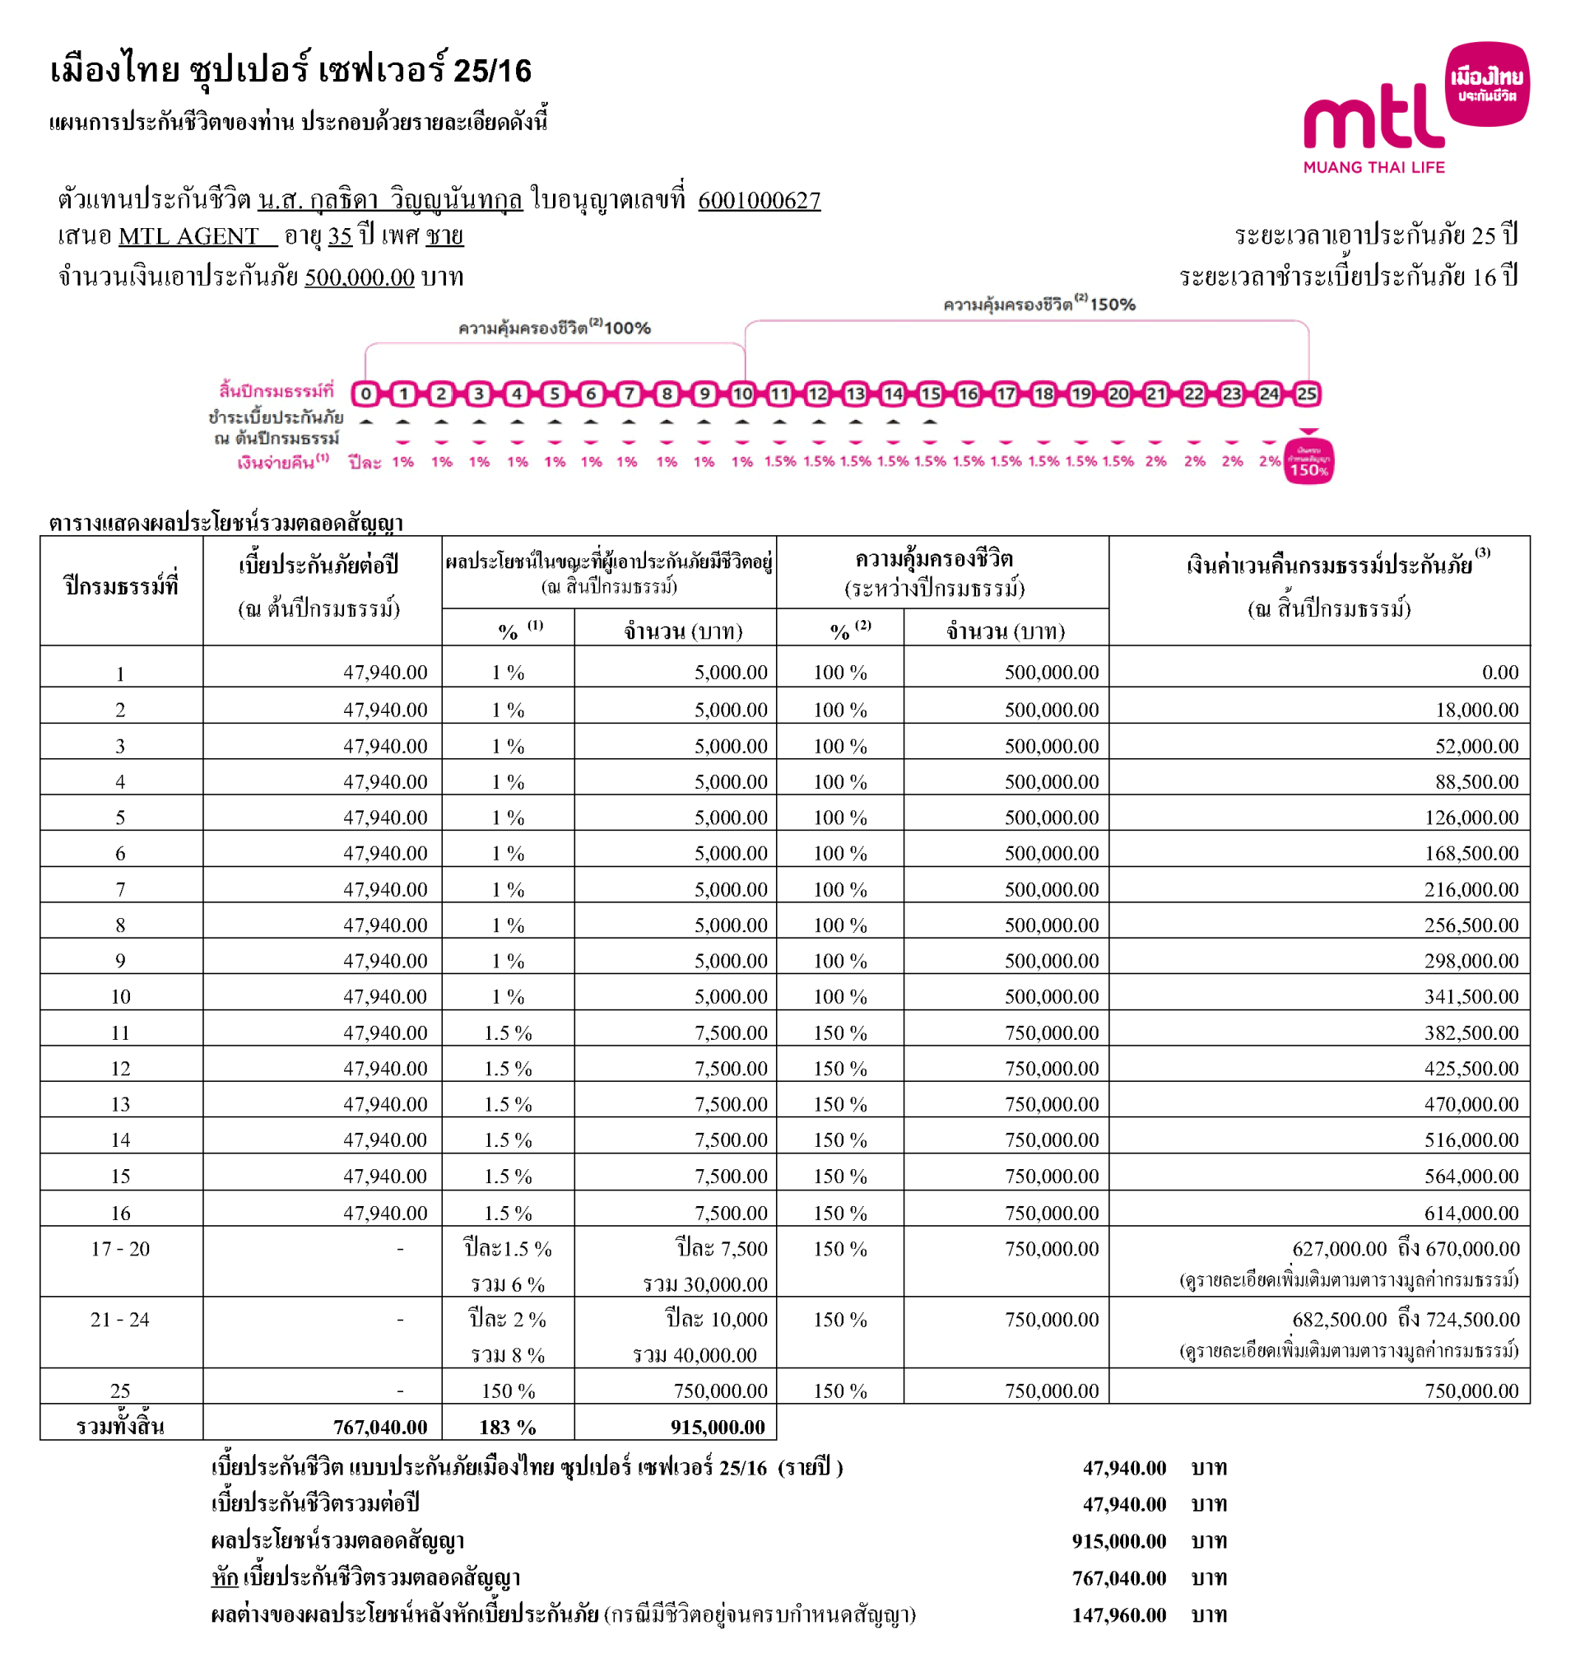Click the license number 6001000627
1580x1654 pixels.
click(x=759, y=201)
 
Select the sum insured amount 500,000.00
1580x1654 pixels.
click(x=360, y=277)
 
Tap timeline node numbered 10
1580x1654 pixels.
click(x=742, y=394)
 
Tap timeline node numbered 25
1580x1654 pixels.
click(x=1306, y=394)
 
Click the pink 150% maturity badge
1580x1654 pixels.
click(x=1308, y=463)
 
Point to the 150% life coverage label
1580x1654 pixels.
click(x=1039, y=304)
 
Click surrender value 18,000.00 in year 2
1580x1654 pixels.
click(x=1476, y=711)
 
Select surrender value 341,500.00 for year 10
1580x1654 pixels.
click(x=1471, y=997)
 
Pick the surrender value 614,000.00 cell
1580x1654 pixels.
click(x=1471, y=1214)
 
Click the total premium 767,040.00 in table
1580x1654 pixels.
click(x=380, y=1428)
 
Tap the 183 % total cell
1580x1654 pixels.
click(x=507, y=1428)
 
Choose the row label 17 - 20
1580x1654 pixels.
click(x=120, y=1249)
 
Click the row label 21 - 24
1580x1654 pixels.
click(x=120, y=1320)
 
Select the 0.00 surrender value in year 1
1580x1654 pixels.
click(x=1499, y=673)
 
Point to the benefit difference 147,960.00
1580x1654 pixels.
click(x=1118, y=1615)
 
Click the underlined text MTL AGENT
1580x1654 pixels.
click(x=189, y=236)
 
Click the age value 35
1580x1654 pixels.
click(x=339, y=236)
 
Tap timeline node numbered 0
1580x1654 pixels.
click(x=365, y=394)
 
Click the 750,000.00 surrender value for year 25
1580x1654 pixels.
click(x=1471, y=1391)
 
